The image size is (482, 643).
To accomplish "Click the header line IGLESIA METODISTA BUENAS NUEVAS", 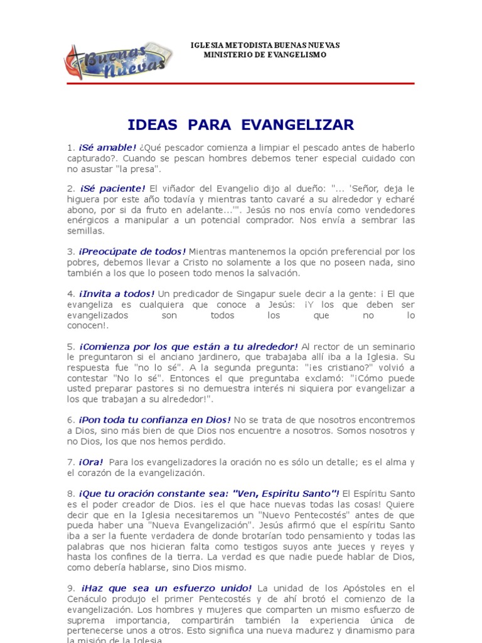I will pyautogui.click(x=265, y=46).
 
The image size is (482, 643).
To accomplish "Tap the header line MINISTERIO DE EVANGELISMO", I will pyautogui.click(x=265, y=55).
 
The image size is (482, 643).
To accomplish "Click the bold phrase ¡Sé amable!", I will pyautogui.click(x=107, y=148).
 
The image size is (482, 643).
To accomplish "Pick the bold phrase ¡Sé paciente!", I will pyautogui.click(x=112, y=188).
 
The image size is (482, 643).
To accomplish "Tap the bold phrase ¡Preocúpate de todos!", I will pyautogui.click(x=132, y=252).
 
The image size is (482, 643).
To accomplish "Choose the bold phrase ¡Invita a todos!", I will pyautogui.click(x=117, y=294).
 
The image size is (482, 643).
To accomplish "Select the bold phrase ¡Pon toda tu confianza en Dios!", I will pyautogui.click(x=155, y=419).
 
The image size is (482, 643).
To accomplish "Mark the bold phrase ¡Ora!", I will pyautogui.click(x=92, y=462).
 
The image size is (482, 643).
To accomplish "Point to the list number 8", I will pyautogui.click(x=70, y=494).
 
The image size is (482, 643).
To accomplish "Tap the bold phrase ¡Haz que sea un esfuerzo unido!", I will pyautogui.click(x=166, y=588).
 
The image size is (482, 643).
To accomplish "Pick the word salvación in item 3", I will pyautogui.click(x=277, y=273).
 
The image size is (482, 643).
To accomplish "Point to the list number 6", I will pyautogui.click(x=70, y=419).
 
